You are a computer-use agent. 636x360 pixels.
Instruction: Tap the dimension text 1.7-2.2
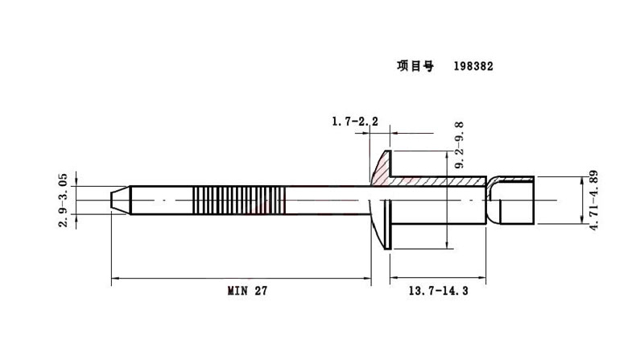coord(355,122)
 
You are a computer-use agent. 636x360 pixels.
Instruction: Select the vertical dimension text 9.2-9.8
coord(459,146)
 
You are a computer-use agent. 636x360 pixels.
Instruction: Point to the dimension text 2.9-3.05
coord(64,198)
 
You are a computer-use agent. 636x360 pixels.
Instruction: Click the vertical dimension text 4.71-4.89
coord(593,201)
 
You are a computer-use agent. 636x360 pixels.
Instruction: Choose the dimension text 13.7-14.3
coord(440,291)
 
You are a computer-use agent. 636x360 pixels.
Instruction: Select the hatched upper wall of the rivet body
coord(439,181)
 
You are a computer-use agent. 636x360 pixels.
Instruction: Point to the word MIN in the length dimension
coord(234,291)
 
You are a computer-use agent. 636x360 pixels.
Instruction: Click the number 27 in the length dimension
coord(259,291)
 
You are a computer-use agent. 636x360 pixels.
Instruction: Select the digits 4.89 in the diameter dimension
coord(593,184)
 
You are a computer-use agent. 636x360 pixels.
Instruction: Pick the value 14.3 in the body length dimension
coord(455,291)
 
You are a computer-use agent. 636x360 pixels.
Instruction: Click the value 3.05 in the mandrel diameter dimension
coord(64,184)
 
